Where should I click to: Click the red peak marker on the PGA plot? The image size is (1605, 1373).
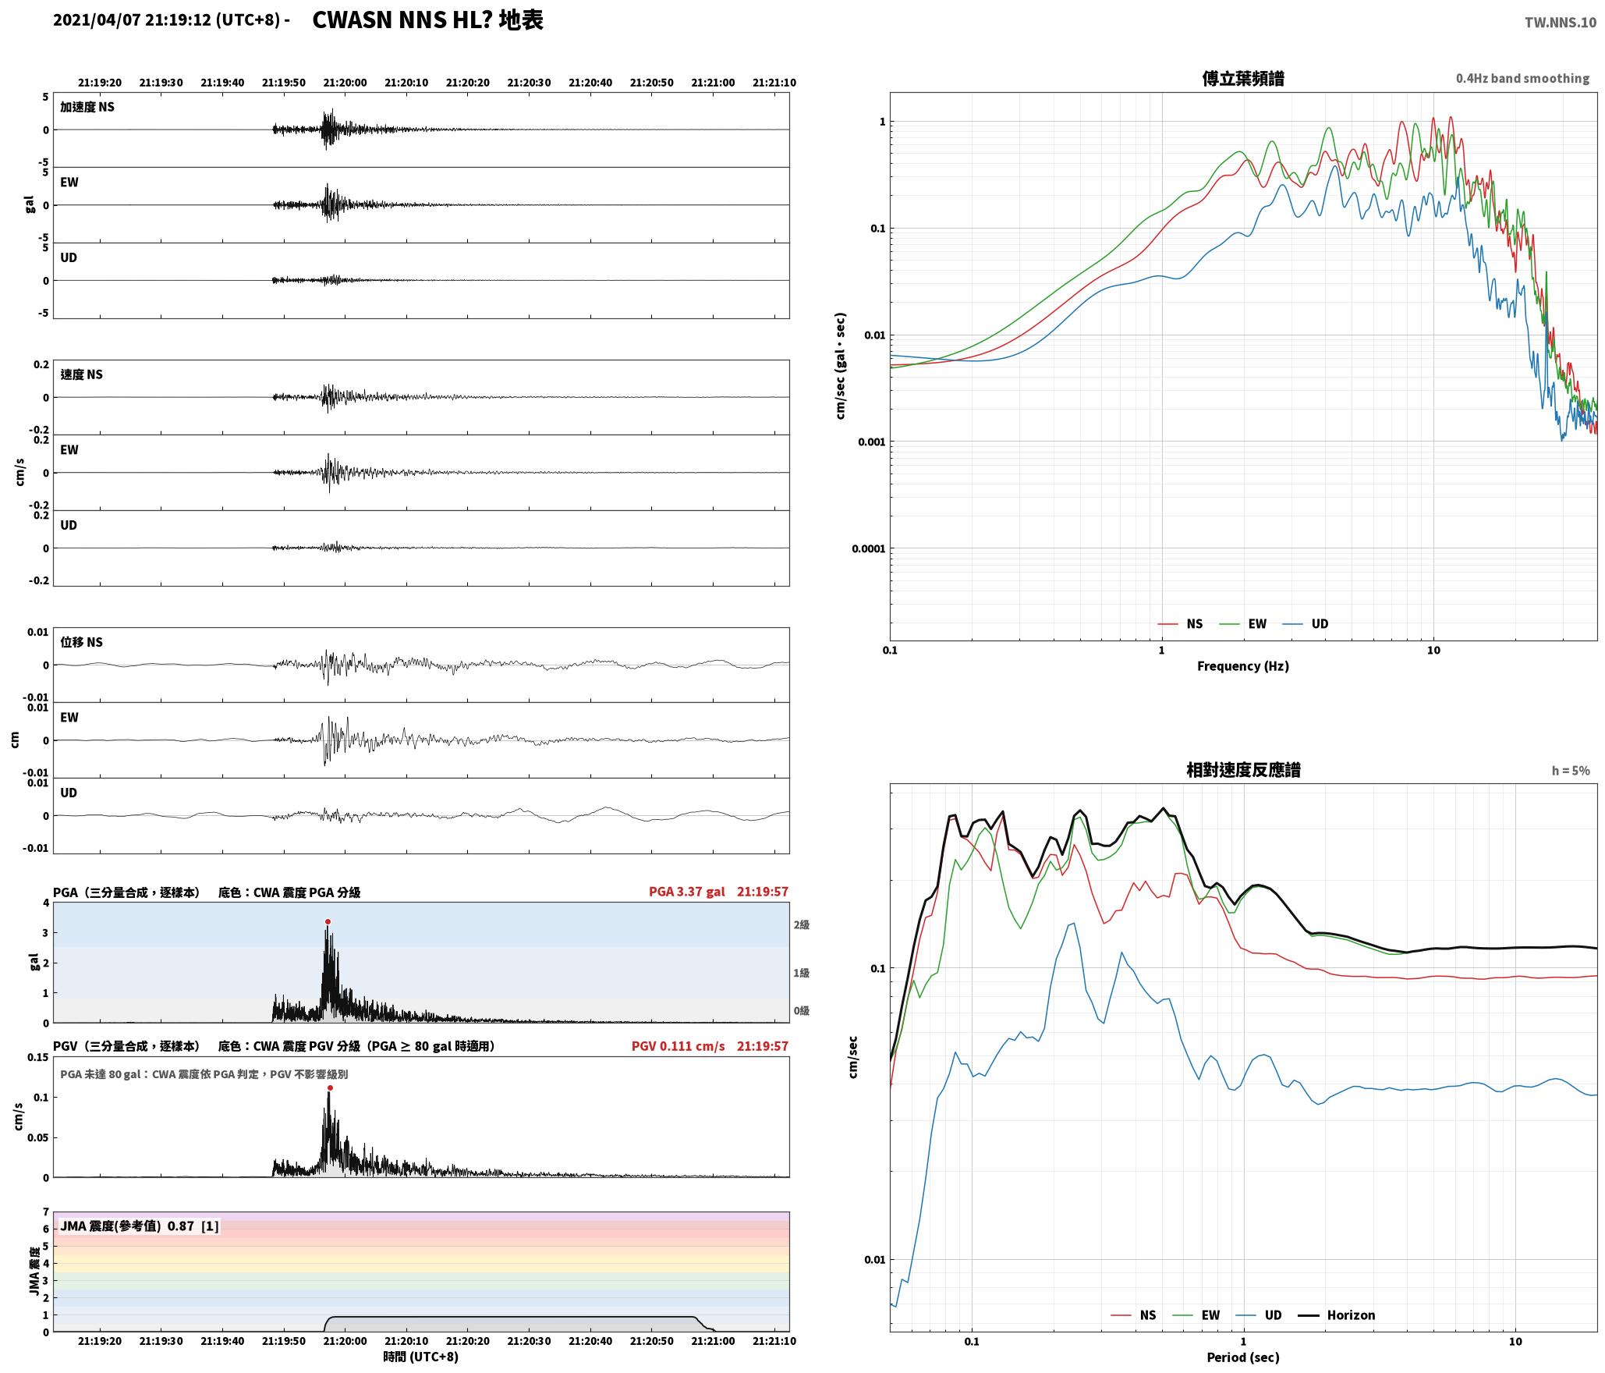328,921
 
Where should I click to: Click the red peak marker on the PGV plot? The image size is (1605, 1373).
330,1087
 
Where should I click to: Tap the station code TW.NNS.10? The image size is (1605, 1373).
1561,23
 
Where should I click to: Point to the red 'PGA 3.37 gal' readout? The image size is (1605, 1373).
686,891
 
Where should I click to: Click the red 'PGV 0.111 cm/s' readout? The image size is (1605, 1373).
678,1045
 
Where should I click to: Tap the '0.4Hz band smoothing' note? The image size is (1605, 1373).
1522,78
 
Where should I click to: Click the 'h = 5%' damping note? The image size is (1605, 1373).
1571,771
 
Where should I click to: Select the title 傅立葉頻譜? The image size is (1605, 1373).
1243,78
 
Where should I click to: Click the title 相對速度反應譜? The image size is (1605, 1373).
1243,770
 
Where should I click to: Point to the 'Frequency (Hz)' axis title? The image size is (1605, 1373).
1243,665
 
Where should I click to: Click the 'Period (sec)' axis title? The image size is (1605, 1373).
1243,1357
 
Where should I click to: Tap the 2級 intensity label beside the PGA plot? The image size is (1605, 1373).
801,924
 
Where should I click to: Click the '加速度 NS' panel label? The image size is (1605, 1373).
87,107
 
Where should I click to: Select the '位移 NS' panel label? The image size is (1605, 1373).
82,642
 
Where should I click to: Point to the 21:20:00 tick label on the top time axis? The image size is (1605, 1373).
345,82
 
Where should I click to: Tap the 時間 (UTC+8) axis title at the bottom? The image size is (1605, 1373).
420,1357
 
